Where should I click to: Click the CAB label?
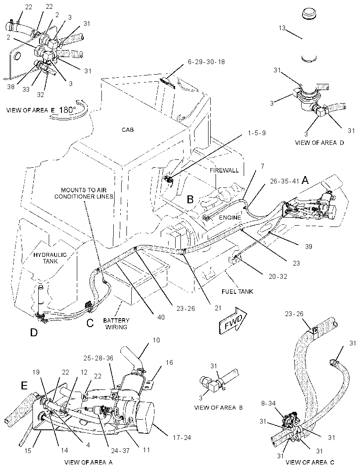click(x=128, y=130)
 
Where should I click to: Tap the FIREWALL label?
click(x=224, y=170)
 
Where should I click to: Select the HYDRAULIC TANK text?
click(x=50, y=258)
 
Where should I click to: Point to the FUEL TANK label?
click(x=238, y=292)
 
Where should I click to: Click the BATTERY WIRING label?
click(x=116, y=324)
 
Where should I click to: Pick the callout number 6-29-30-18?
click(x=206, y=62)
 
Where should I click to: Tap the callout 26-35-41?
click(x=284, y=181)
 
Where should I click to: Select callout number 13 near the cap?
click(x=282, y=28)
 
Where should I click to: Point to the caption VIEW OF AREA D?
click(x=320, y=143)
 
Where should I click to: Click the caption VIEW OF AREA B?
click(x=218, y=408)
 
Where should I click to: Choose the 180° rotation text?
click(x=68, y=110)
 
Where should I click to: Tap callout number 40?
click(x=161, y=317)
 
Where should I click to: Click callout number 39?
click(x=308, y=246)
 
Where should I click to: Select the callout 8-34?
click(x=268, y=403)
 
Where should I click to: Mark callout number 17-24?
click(x=182, y=438)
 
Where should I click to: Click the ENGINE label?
click(x=230, y=218)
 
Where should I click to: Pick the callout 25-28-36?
click(x=98, y=358)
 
